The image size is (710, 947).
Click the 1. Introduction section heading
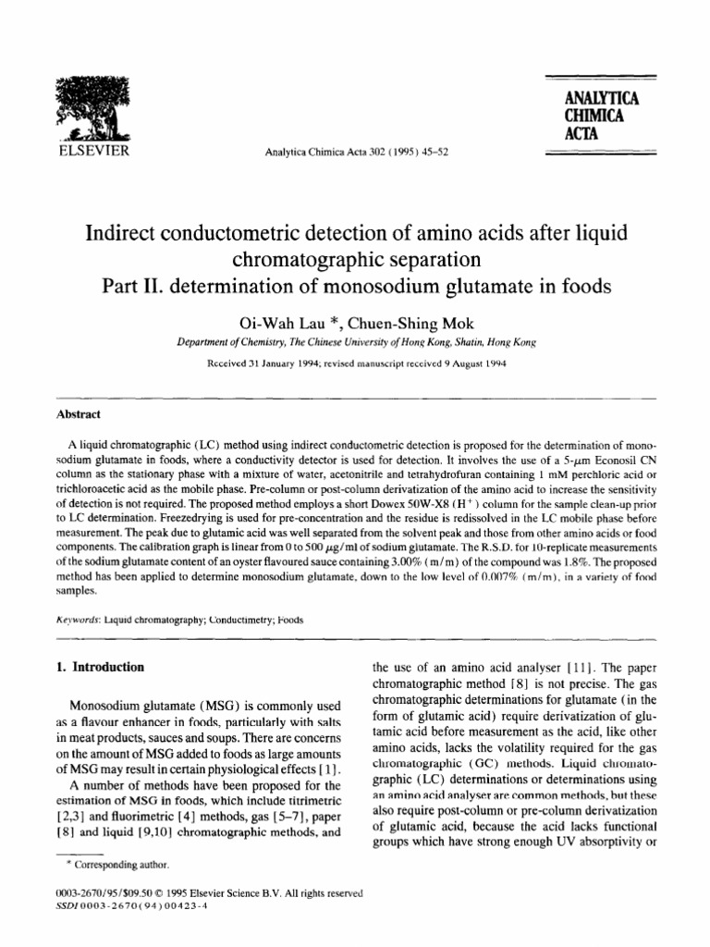(x=96, y=640)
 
